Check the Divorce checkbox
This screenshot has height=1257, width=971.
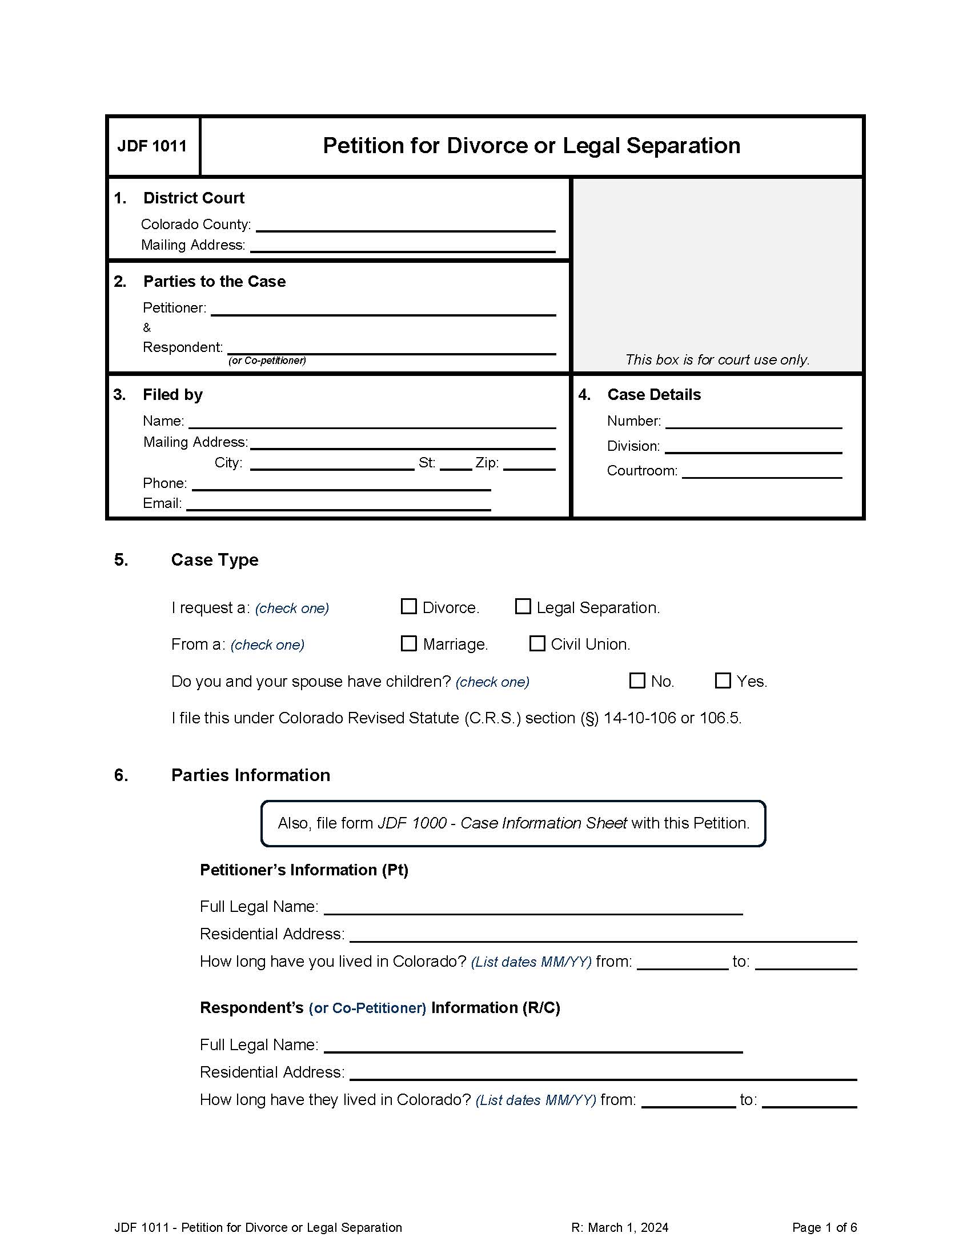click(x=408, y=607)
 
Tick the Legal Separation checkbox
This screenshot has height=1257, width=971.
click(x=522, y=607)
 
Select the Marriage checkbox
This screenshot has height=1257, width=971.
click(x=408, y=643)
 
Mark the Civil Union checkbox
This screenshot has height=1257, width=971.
click(x=537, y=643)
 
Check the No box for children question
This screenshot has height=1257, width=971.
click(x=637, y=680)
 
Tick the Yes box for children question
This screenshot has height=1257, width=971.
click(x=723, y=680)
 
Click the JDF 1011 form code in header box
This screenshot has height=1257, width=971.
click(x=153, y=146)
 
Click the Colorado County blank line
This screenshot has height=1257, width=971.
click(x=405, y=226)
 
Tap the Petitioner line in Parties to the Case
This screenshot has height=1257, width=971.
click(x=383, y=309)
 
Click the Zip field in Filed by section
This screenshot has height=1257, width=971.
click(x=529, y=464)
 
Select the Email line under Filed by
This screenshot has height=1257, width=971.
click(x=338, y=504)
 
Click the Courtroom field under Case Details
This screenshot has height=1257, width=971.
click(x=761, y=472)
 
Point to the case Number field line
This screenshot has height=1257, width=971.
click(x=753, y=422)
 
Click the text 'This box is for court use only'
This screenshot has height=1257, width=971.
click(x=717, y=360)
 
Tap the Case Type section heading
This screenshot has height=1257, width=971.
click(x=215, y=560)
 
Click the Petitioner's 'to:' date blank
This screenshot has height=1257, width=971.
click(x=805, y=962)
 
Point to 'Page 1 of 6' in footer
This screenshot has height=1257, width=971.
click(x=824, y=1228)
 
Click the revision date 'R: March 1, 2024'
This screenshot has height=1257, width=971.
click(x=620, y=1228)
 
